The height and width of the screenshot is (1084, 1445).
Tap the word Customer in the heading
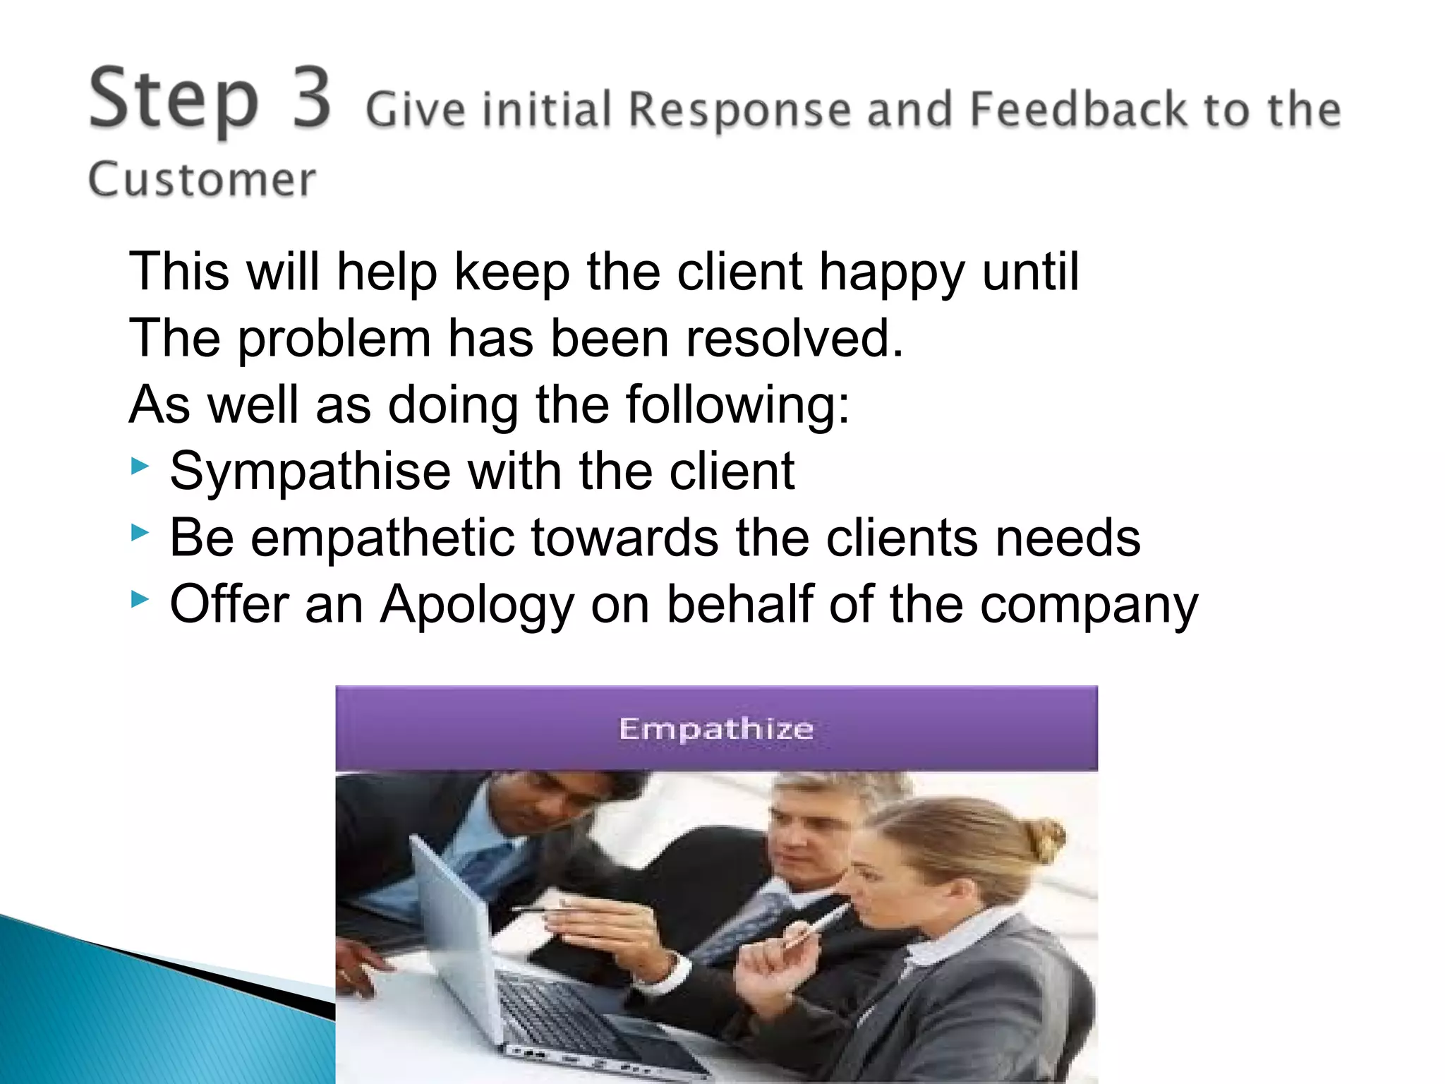pyautogui.click(x=202, y=180)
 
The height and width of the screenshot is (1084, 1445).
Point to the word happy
pyautogui.click(x=891, y=272)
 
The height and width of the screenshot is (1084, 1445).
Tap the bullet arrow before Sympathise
pyautogui.click(x=140, y=466)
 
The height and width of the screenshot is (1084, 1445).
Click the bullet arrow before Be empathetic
pyautogui.click(x=140, y=533)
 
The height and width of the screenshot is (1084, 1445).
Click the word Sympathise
pyautogui.click(x=310, y=471)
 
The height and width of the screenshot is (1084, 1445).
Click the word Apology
pyautogui.click(x=477, y=606)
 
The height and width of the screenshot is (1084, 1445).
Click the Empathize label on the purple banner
pyautogui.click(x=716, y=728)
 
